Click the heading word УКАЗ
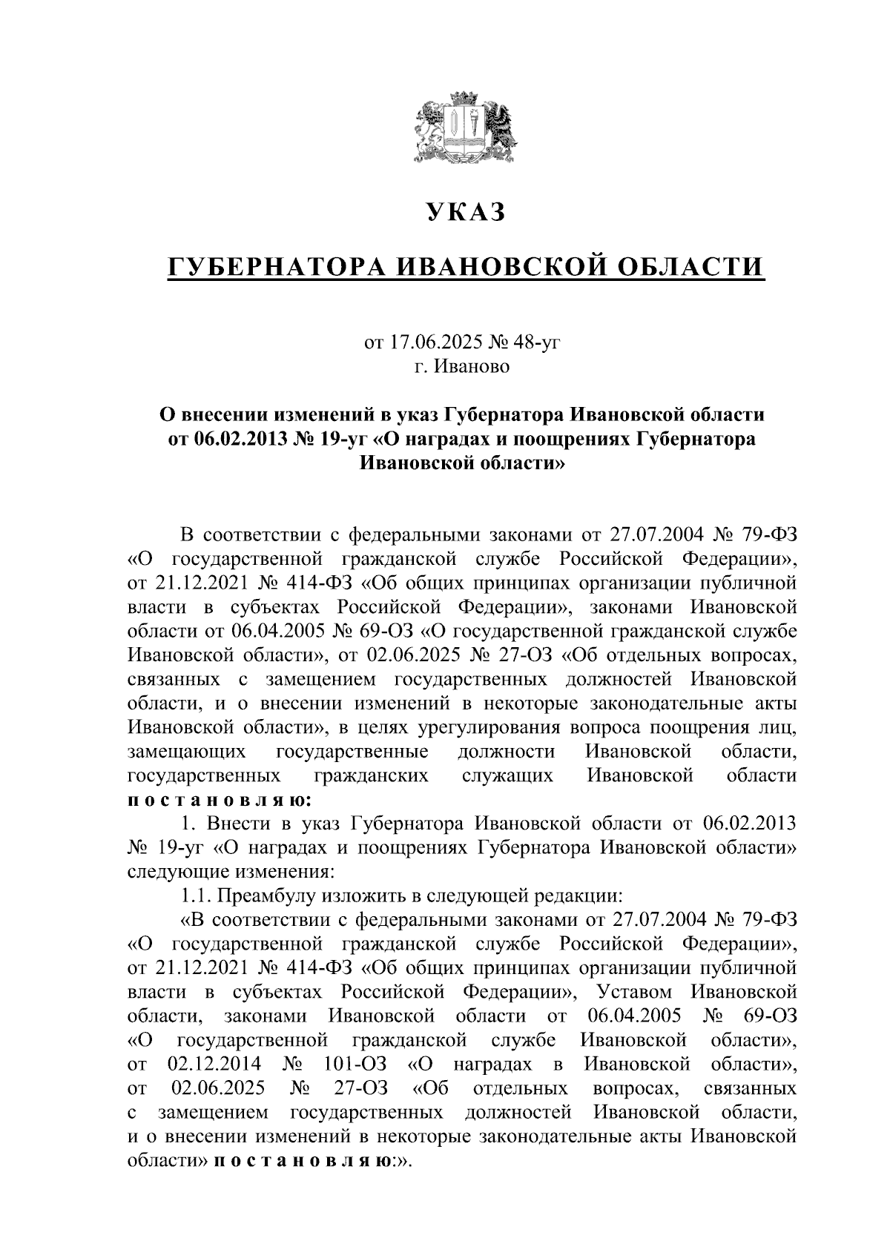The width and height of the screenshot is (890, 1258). tap(465, 213)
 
